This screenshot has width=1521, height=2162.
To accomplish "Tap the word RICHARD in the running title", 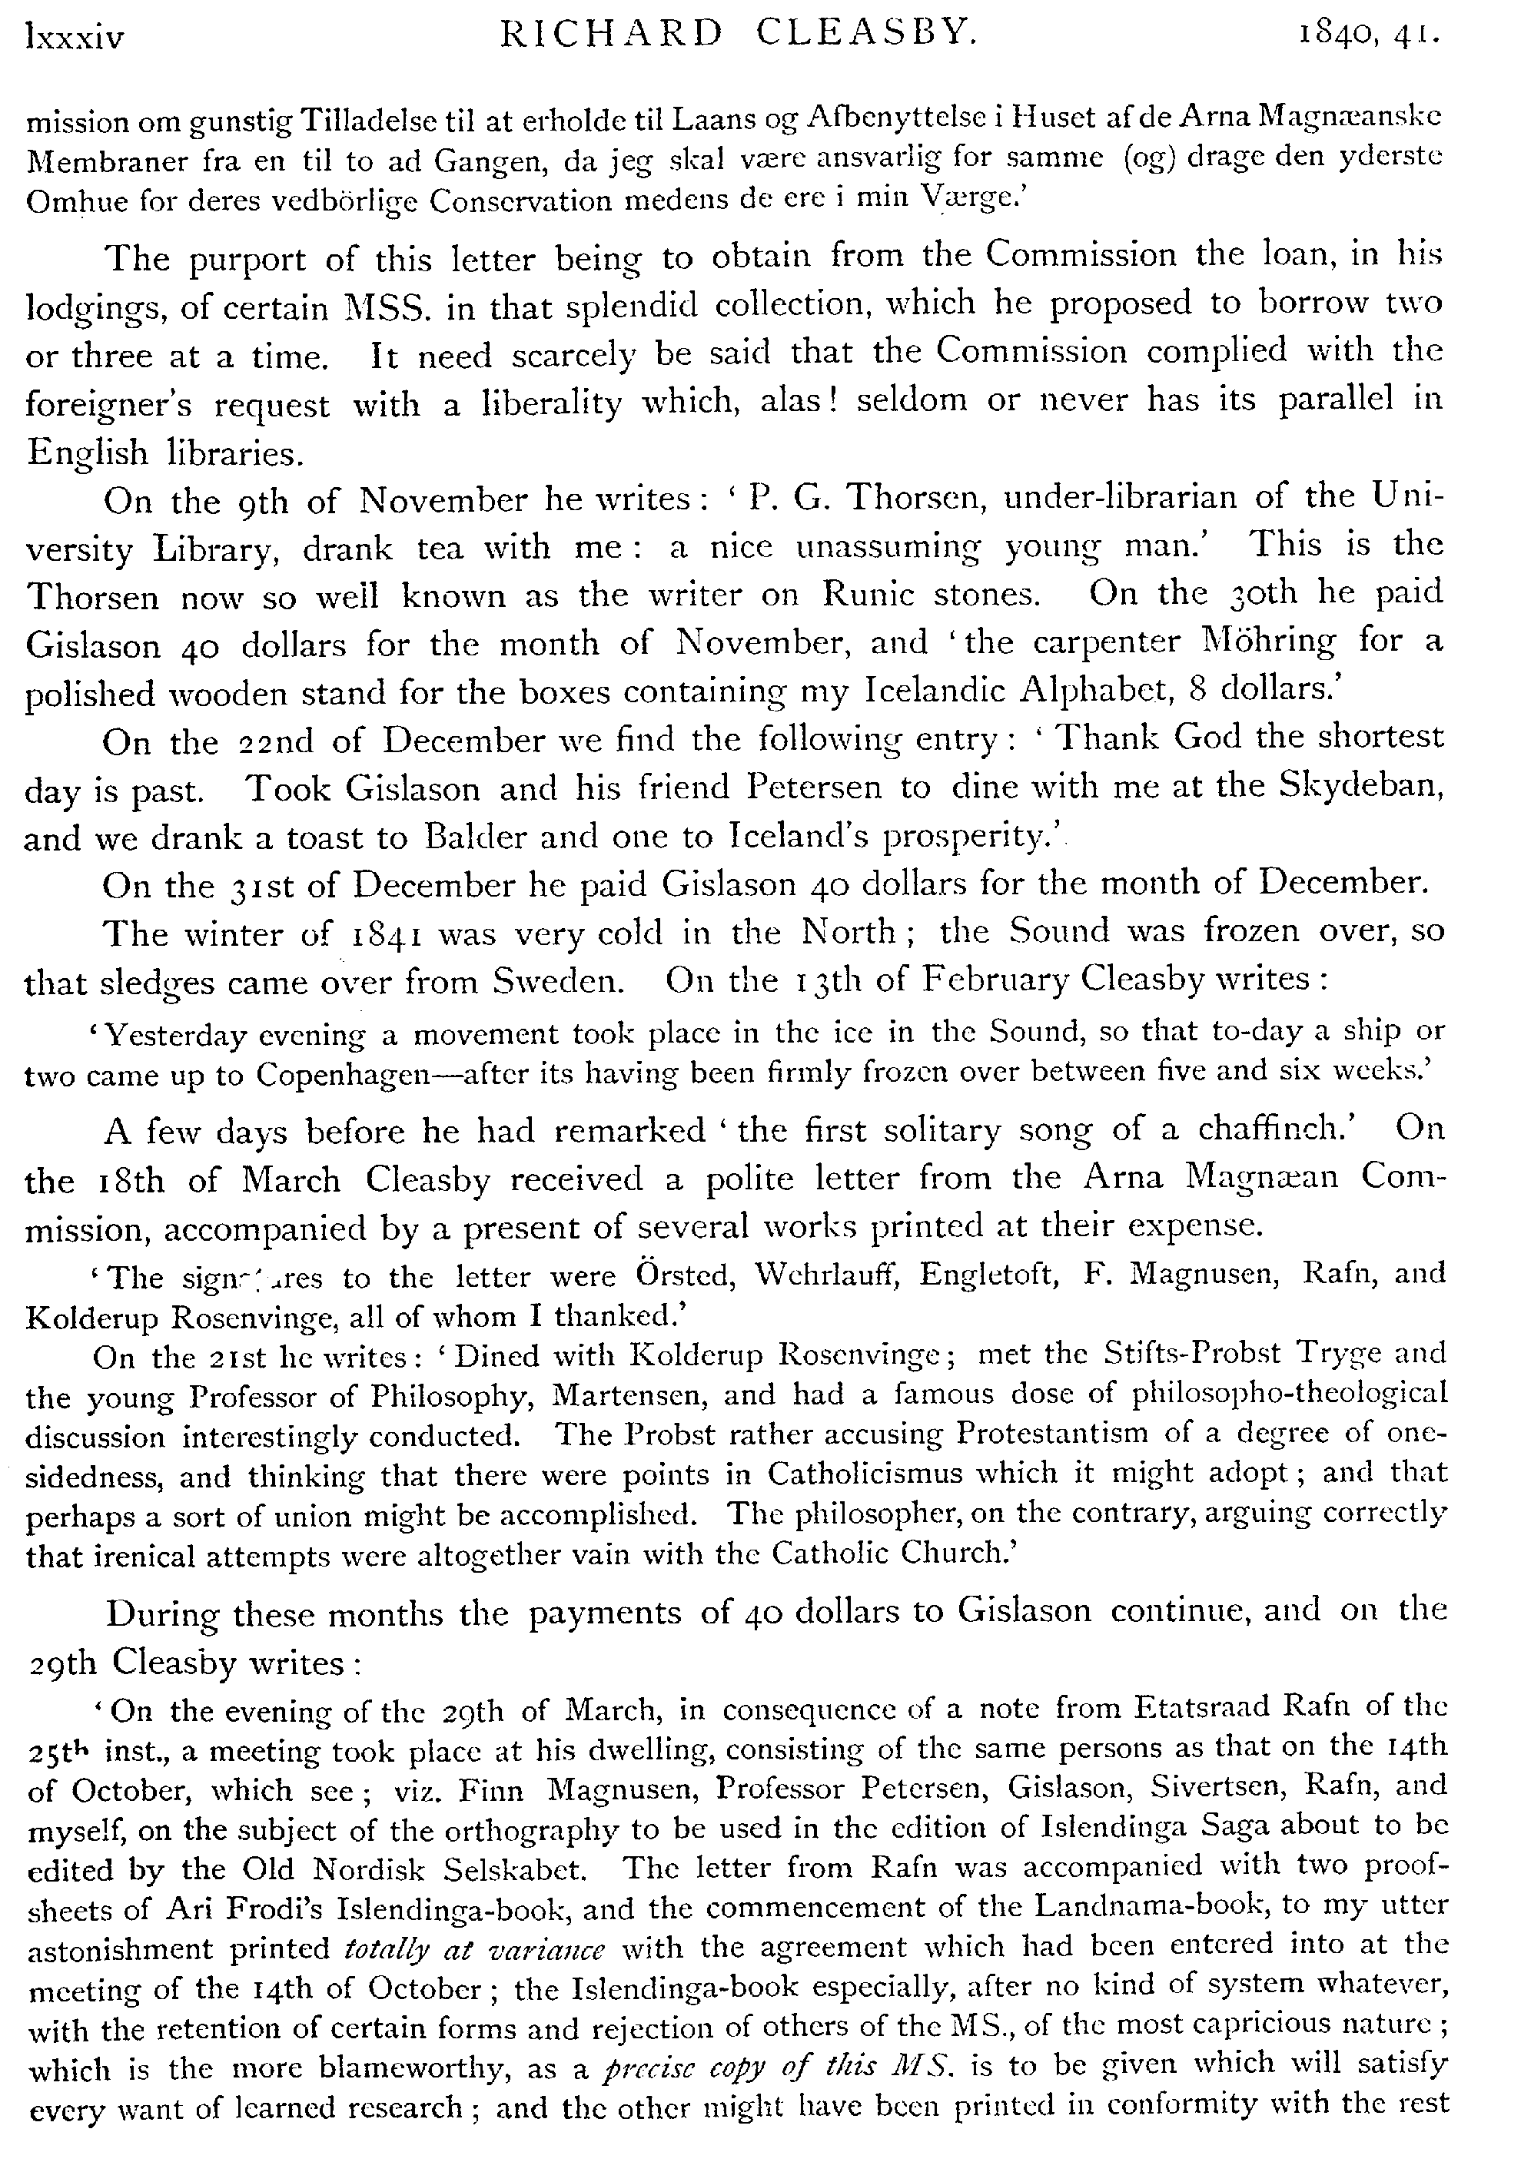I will [610, 34].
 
